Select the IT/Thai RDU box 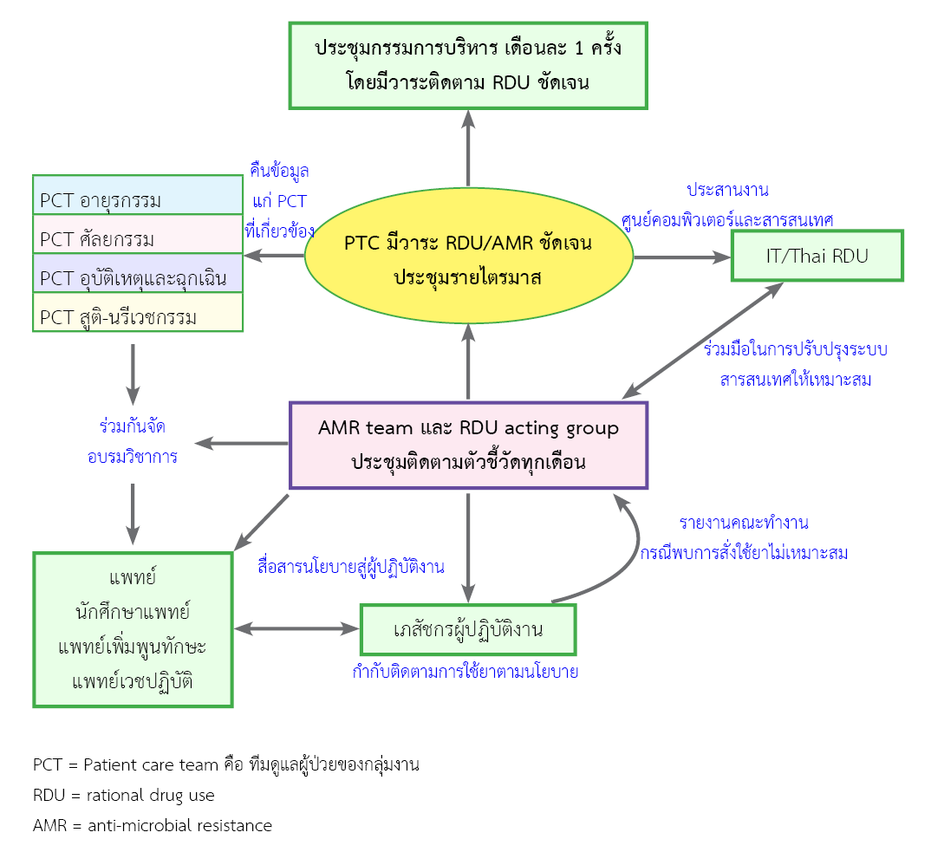(817, 256)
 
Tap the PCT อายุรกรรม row (138, 195)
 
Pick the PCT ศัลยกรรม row (138, 234)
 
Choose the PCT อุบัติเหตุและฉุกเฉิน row (138, 273)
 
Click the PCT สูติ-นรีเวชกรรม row (138, 312)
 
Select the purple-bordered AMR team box (468, 445)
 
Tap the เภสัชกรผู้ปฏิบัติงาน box (468, 629)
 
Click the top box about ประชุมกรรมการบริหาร (468, 65)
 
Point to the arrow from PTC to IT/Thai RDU (681, 257)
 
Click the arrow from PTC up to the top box (468, 149)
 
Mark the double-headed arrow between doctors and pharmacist (296, 628)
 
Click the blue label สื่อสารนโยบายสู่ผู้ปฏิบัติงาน (351, 568)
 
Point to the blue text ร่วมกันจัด (133, 426)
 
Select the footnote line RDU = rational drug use (124, 795)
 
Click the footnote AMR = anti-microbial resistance (153, 825)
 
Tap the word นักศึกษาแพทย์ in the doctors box (133, 612)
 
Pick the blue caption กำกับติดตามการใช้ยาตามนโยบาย (465, 672)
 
